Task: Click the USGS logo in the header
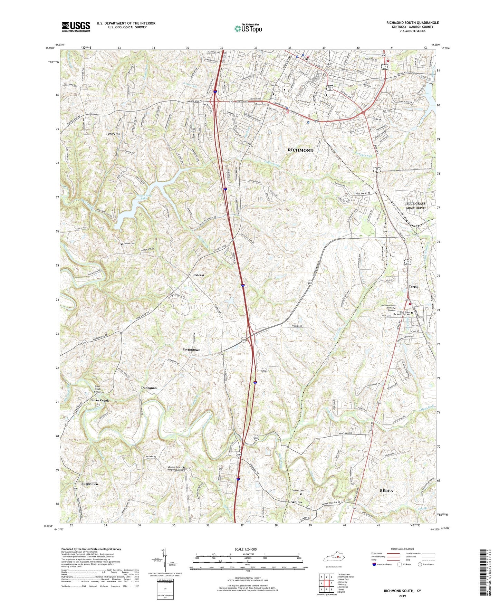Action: (76, 27)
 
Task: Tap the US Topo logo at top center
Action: (248, 28)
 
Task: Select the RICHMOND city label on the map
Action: (300, 151)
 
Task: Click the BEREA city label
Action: (386, 490)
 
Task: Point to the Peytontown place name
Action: (191, 350)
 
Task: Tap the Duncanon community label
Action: (149, 388)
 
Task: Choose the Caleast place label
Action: (199, 275)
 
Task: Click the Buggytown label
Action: (89, 484)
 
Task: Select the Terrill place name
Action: (413, 287)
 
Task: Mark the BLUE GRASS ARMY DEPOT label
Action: (416, 206)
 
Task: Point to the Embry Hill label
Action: (114, 134)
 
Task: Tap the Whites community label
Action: (296, 502)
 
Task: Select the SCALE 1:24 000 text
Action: (246, 549)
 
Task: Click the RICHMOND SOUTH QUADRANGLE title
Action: (412, 23)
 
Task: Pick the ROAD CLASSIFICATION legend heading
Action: (402, 549)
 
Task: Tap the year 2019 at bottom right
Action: (402, 596)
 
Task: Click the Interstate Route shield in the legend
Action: (374, 564)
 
